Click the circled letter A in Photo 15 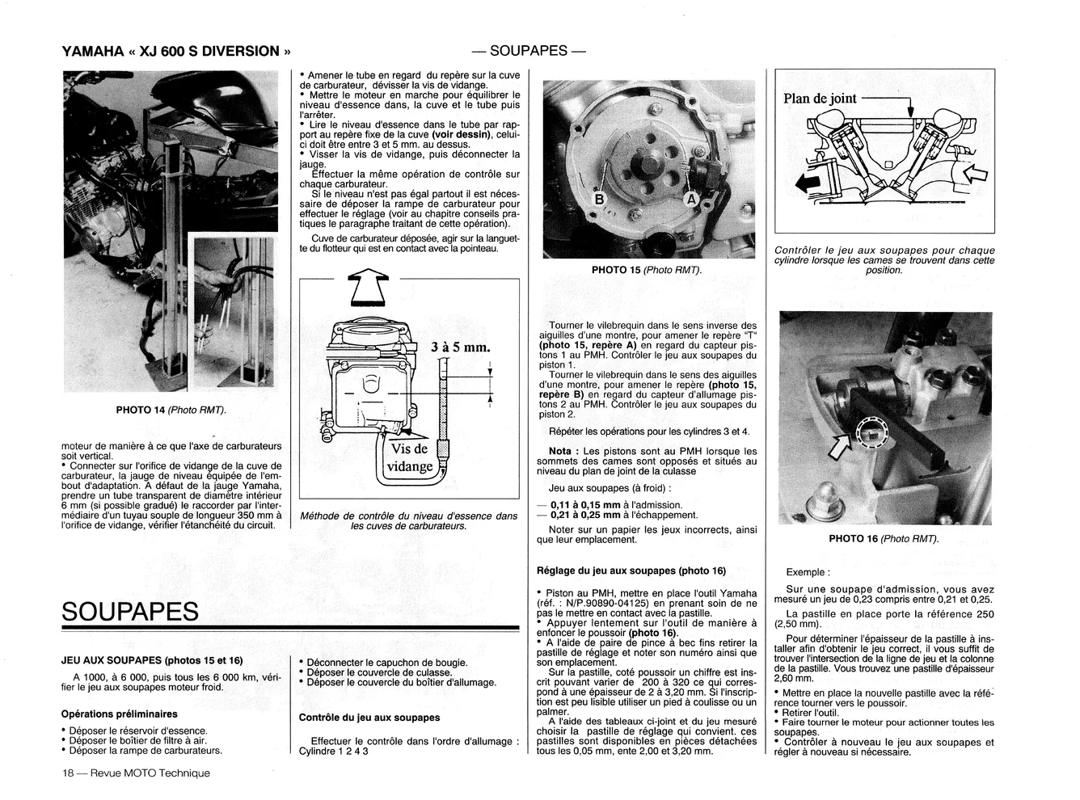691,199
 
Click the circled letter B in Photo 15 599,199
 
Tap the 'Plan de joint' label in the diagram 820,99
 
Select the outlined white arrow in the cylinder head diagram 975,174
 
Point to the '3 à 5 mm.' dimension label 460,347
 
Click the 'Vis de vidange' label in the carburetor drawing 410,457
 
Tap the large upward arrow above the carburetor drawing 369,288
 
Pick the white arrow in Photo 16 841,447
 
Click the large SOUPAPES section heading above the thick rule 130,612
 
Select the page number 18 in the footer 68,773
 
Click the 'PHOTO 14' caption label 141,410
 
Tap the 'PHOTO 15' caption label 616,270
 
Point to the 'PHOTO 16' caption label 854,538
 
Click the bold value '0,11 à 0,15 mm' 585,505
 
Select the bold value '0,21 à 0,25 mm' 585,515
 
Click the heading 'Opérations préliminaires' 120,714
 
